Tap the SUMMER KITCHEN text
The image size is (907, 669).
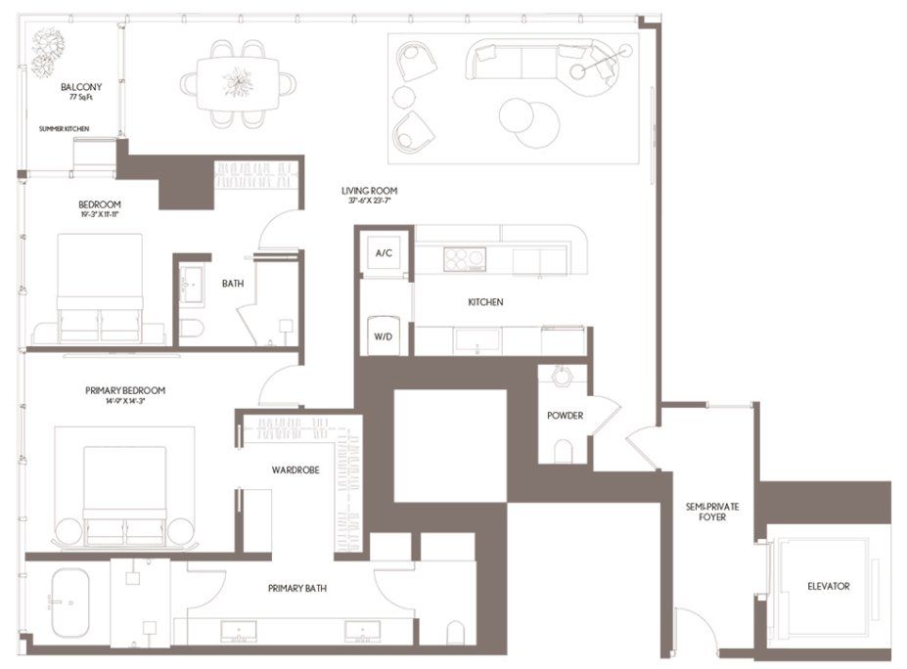(x=66, y=128)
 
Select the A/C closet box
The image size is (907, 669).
(x=384, y=253)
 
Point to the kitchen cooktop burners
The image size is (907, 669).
(x=464, y=259)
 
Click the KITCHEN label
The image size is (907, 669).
(x=485, y=302)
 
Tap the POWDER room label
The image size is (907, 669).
(x=566, y=416)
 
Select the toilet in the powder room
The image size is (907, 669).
(x=564, y=451)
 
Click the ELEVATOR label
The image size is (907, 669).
(x=828, y=587)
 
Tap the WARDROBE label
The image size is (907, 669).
(x=295, y=470)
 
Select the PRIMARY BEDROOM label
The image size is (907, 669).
(x=125, y=390)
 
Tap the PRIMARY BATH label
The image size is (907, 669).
(x=297, y=589)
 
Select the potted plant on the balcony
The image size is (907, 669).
(x=46, y=51)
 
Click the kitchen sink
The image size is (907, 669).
(x=476, y=339)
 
